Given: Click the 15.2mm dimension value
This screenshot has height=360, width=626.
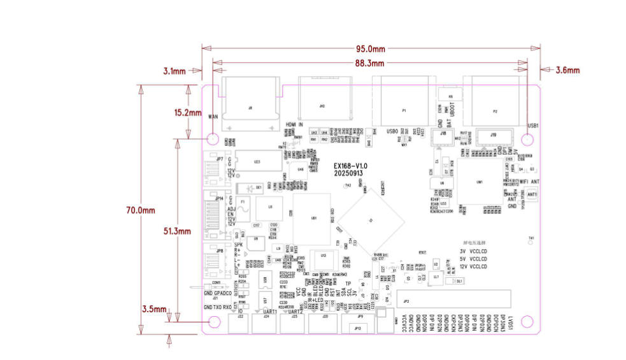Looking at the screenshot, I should pyautogui.click(x=189, y=112).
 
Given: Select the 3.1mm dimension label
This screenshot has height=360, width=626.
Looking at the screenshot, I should pyautogui.click(x=174, y=71).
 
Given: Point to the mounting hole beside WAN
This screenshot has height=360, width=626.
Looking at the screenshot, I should pyautogui.click(x=213, y=138).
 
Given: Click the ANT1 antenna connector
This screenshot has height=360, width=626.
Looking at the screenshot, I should pyautogui.click(x=532, y=194).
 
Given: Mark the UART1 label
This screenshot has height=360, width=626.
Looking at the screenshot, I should pyautogui.click(x=270, y=310).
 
